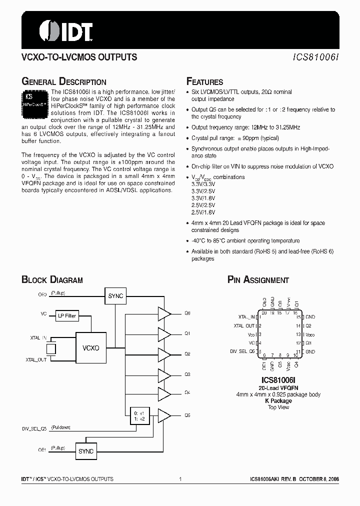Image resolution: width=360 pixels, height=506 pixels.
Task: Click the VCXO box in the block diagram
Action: click(90, 347)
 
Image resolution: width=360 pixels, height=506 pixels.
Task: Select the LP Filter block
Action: click(66, 315)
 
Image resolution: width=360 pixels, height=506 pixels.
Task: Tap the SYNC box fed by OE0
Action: click(115, 296)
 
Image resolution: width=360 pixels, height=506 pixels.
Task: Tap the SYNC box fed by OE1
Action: click(86, 451)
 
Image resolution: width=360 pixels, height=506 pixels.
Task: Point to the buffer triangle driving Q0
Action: click(164, 313)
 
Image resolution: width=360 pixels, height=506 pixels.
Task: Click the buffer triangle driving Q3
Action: click(164, 374)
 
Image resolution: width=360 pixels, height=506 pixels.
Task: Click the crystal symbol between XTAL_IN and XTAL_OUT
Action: click(51, 348)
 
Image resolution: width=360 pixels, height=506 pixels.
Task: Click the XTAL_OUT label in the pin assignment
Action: click(244, 326)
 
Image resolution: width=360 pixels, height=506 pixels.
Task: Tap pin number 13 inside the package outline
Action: click(298, 334)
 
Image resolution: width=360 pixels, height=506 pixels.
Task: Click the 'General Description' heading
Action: click(63, 82)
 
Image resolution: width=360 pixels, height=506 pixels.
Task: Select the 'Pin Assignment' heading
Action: click(258, 280)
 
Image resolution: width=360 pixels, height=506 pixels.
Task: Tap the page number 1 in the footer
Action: click(179, 479)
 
